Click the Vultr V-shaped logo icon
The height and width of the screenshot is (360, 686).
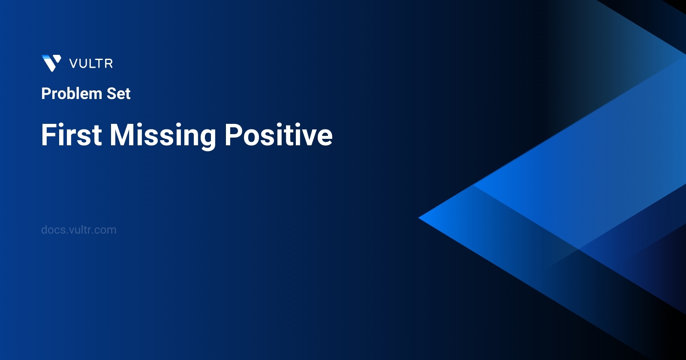click(x=51, y=63)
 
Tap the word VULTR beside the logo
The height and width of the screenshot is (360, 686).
click(x=91, y=63)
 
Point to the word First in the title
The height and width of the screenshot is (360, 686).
click(x=72, y=135)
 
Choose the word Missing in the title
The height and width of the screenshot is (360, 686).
click(x=163, y=135)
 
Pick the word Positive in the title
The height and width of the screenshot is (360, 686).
click(x=278, y=135)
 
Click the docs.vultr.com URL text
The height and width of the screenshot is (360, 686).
click(x=78, y=230)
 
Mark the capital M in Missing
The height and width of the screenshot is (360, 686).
click(x=123, y=135)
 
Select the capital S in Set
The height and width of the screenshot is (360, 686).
click(x=111, y=93)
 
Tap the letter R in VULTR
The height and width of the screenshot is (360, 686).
click(x=109, y=63)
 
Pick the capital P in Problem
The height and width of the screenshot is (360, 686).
click(x=45, y=93)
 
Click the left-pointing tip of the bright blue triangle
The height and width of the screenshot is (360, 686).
click(x=420, y=218)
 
